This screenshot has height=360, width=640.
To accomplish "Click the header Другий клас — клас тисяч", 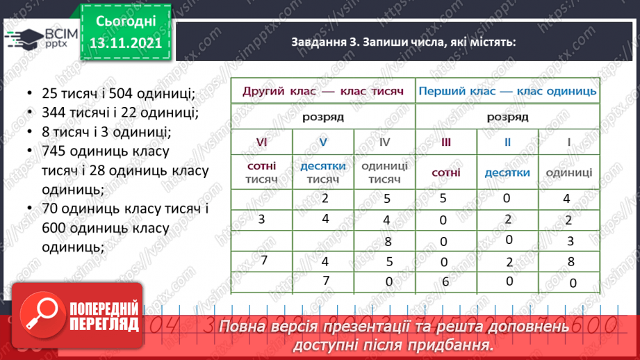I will [x=322, y=90].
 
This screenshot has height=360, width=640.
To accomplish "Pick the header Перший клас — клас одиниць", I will [x=507, y=90].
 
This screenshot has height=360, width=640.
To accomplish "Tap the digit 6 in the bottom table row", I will [x=446, y=282].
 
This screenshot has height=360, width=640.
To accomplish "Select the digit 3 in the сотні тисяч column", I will [x=261, y=220].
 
